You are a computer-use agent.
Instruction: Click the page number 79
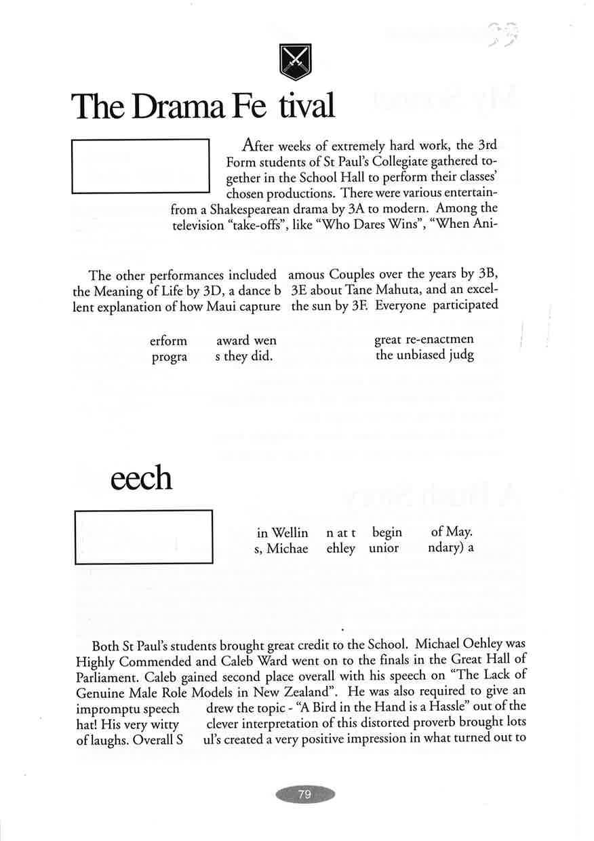point(304,794)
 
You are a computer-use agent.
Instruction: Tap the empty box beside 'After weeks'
point(140,165)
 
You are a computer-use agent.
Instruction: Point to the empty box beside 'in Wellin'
point(143,536)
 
